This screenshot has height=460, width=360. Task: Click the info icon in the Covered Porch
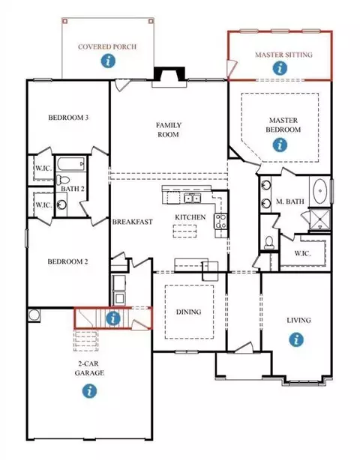click(x=108, y=61)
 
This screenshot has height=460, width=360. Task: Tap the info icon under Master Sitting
click(x=280, y=68)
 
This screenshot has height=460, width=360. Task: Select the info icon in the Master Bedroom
click(x=280, y=145)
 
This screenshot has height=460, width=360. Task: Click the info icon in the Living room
click(x=296, y=339)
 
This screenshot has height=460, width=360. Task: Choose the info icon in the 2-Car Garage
click(x=89, y=391)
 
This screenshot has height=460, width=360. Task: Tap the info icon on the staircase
click(x=113, y=318)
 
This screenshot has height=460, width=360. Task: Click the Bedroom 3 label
click(x=68, y=118)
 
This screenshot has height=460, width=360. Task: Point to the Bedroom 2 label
click(x=67, y=261)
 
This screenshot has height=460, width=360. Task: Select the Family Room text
click(x=169, y=130)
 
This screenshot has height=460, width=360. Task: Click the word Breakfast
click(x=133, y=222)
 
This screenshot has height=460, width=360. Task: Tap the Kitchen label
click(x=190, y=217)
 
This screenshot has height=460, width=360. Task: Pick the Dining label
click(x=189, y=312)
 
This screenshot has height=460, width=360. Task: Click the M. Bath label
click(x=290, y=202)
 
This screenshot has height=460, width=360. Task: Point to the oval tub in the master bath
click(x=320, y=191)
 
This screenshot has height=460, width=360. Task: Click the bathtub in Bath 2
click(x=71, y=164)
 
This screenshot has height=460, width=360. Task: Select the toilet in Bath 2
click(x=62, y=179)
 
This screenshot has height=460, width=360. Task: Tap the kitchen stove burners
click(x=220, y=222)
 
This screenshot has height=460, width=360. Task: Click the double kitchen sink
click(x=192, y=199)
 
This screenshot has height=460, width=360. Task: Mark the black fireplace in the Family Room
click(x=169, y=73)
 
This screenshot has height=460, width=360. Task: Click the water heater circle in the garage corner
click(x=34, y=315)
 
